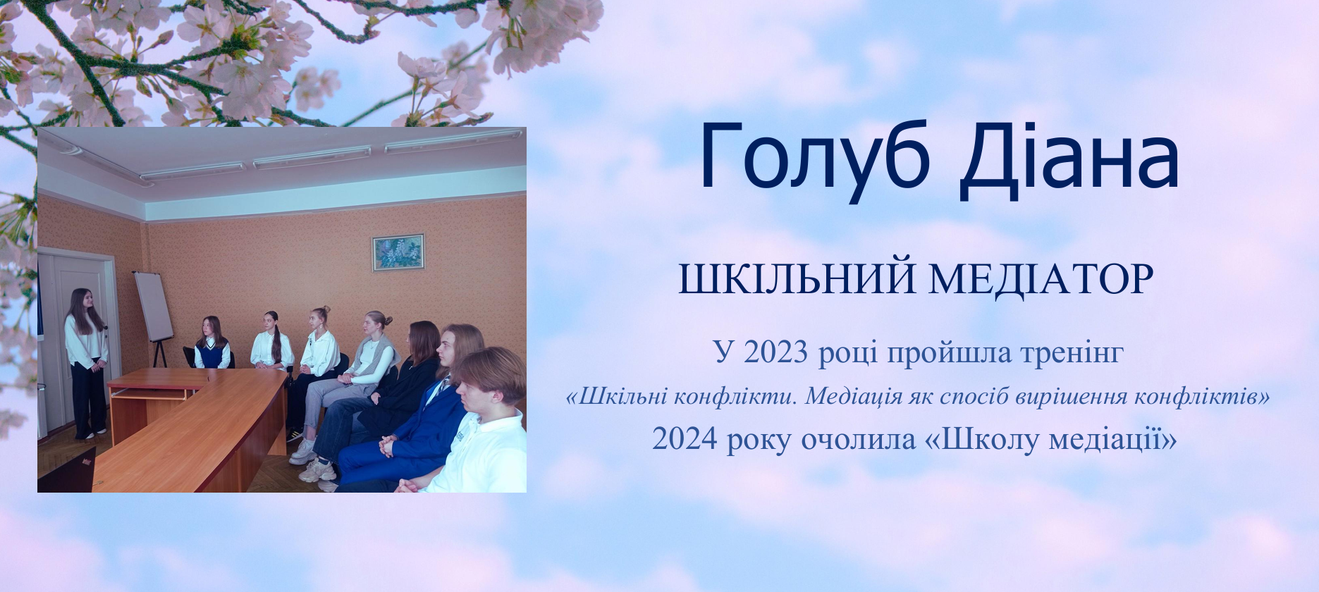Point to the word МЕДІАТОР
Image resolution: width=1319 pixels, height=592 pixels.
[1041, 279]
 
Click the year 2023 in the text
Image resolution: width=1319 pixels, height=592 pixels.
[775, 352]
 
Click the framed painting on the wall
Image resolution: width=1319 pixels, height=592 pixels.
[398, 252]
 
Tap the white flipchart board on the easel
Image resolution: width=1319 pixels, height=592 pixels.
[154, 307]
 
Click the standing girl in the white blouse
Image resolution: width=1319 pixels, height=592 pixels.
[87, 364]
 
